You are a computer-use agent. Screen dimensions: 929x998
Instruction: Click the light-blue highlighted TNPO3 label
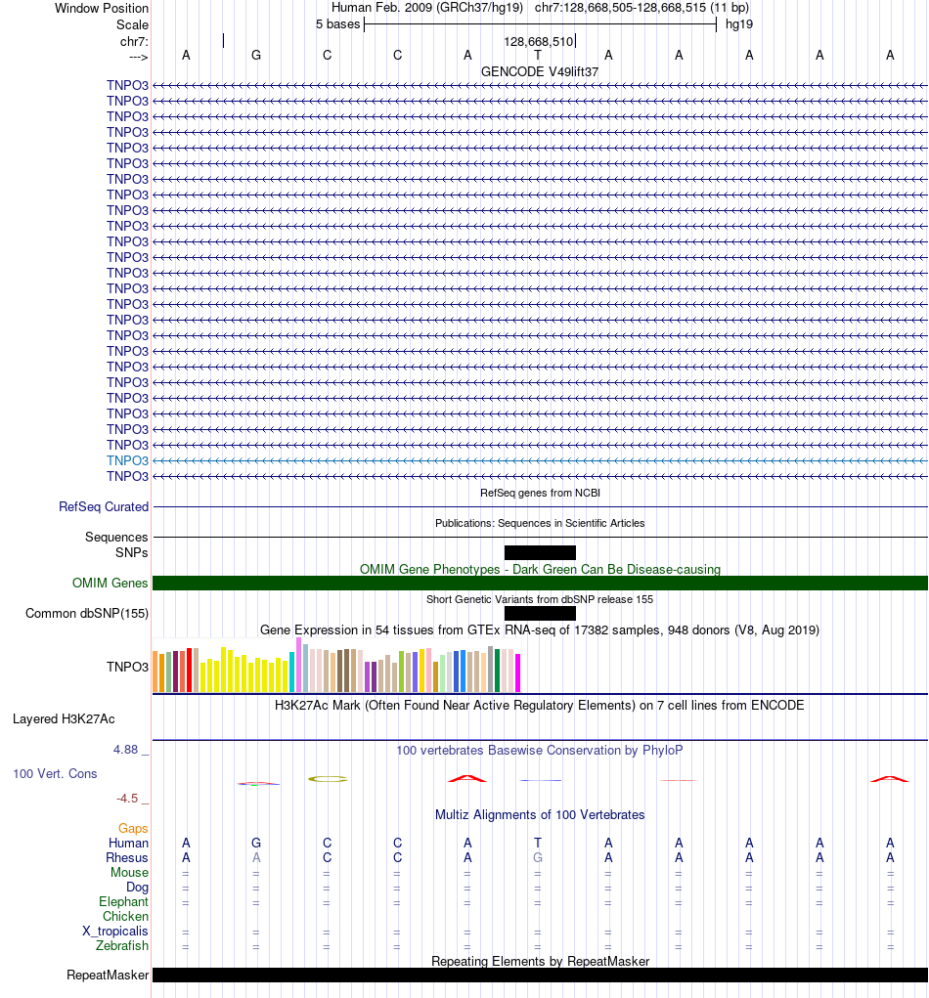(127, 460)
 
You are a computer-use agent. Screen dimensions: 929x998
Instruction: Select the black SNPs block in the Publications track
(540, 552)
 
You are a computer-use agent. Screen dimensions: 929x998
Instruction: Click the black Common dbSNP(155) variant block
(540, 613)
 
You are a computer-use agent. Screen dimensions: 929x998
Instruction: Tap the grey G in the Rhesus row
(538, 857)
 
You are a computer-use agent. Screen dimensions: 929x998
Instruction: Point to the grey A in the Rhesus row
(256, 857)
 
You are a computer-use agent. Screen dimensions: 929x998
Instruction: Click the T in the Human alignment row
(538, 843)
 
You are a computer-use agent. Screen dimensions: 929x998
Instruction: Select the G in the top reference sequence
(256, 56)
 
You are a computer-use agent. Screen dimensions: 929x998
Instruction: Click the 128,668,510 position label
(539, 41)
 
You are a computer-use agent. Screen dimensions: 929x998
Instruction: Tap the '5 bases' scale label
(338, 24)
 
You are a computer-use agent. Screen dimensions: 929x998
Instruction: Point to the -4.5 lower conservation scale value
(127, 799)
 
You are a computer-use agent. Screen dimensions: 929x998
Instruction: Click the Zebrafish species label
(122, 946)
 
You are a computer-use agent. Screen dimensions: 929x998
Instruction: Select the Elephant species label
(123, 902)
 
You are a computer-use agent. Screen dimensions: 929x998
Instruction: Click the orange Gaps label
(133, 828)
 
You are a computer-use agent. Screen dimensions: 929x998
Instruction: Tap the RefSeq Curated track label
(104, 506)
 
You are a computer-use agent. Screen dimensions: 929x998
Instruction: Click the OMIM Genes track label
(111, 583)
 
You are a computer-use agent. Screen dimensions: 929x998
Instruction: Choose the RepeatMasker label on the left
(108, 976)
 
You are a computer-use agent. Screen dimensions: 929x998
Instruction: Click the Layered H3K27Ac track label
(64, 719)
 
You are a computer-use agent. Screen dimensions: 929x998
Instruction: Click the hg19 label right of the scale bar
(739, 24)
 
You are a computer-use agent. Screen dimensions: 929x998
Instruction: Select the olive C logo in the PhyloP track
(328, 778)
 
